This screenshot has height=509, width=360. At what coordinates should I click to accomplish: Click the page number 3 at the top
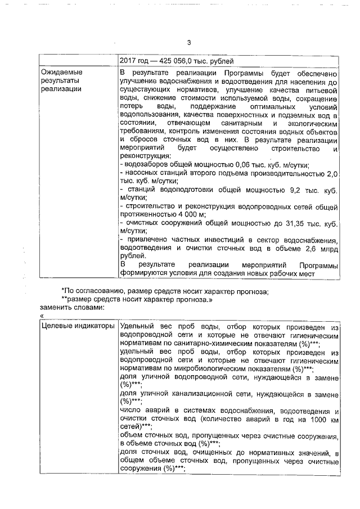coord(189,43)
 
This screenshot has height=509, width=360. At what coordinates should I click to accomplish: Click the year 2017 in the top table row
coord(129,61)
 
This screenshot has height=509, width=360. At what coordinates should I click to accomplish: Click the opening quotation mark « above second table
coord(42,316)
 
